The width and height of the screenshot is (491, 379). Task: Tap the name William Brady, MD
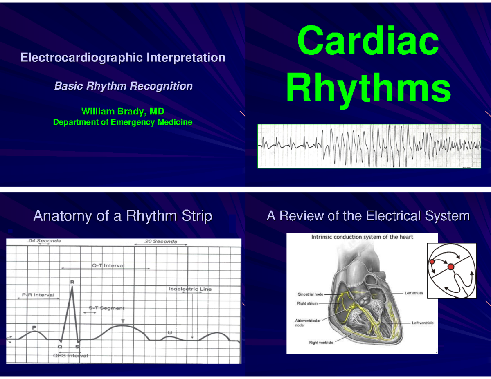(x=123, y=112)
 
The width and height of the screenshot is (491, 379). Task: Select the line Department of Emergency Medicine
(x=123, y=122)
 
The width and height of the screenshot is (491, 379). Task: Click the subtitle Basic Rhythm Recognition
(x=123, y=86)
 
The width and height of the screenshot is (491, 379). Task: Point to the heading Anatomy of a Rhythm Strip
(x=122, y=216)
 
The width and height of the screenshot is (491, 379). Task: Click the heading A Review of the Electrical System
(x=368, y=215)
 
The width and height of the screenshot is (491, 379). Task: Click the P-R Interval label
(x=38, y=295)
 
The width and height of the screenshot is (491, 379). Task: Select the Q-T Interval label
(x=108, y=265)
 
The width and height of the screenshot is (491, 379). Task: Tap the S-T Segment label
(x=106, y=308)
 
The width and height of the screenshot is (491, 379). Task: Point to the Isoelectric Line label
(x=190, y=289)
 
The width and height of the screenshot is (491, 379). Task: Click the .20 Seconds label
(x=160, y=241)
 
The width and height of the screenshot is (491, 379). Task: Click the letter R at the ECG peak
(x=72, y=282)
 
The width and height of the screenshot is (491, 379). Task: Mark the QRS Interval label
(x=70, y=356)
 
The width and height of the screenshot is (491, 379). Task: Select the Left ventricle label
(x=422, y=323)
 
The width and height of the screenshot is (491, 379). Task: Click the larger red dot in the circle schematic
(x=451, y=267)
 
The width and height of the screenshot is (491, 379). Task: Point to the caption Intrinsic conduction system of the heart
(x=362, y=237)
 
